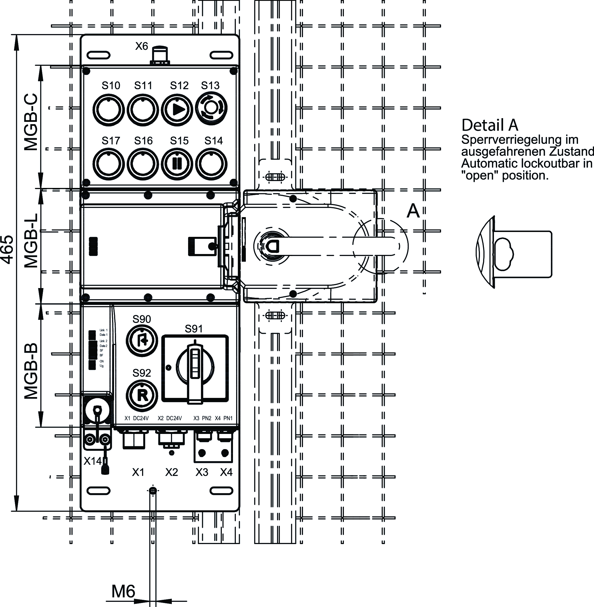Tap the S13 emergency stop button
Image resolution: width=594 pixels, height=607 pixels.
pyautogui.click(x=211, y=108)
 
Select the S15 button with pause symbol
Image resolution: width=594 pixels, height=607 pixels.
pyautogui.click(x=177, y=164)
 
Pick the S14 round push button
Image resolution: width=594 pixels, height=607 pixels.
pyautogui.click(x=211, y=164)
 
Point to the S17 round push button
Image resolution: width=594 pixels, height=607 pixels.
pyautogui.click(x=108, y=164)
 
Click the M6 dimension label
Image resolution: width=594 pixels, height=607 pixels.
pyautogui.click(x=123, y=591)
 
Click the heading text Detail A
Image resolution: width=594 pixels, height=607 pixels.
pyautogui.click(x=489, y=125)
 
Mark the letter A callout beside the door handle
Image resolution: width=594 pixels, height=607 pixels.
pyautogui.click(x=413, y=211)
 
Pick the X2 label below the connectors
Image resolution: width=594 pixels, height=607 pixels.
pyautogui.click(x=171, y=472)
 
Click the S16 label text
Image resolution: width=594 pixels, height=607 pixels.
pyautogui.click(x=143, y=141)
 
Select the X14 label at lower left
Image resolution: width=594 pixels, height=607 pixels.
pyautogui.click(x=93, y=461)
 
